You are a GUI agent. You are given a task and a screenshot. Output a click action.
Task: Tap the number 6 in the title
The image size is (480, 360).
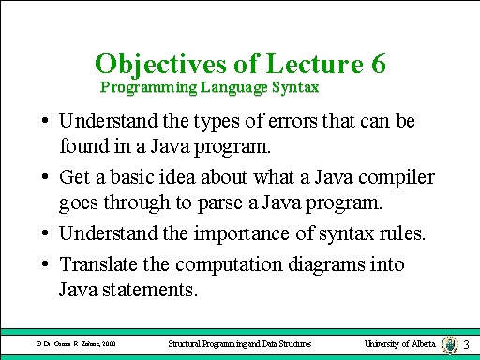(x=372, y=65)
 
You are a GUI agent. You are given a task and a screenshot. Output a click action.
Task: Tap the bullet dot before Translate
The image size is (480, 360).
(x=45, y=265)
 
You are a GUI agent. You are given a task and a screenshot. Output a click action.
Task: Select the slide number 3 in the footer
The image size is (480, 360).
(x=466, y=345)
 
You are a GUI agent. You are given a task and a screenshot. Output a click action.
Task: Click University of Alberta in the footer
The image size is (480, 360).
(x=398, y=345)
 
